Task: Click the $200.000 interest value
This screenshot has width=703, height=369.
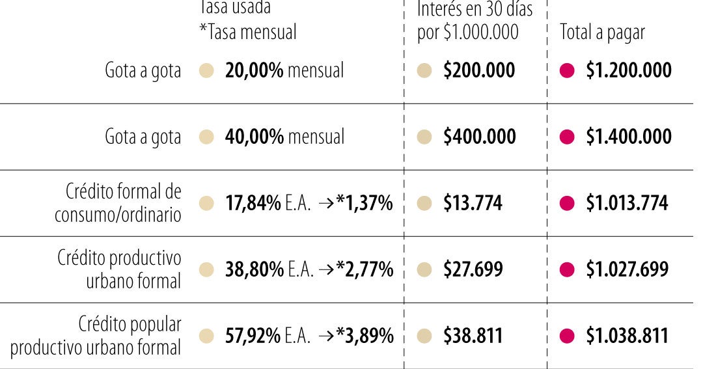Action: pyautogui.click(x=478, y=70)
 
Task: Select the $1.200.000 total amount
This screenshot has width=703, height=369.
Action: pyautogui.click(x=628, y=70)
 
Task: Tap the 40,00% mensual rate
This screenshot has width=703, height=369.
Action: pyautogui.click(x=284, y=137)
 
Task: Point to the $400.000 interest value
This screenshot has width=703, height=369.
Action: pyautogui.click(x=479, y=137)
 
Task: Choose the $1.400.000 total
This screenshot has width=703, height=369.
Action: pyautogui.click(x=628, y=137)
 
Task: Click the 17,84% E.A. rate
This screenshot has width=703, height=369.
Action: pyautogui.click(x=268, y=203)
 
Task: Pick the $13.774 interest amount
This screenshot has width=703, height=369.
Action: pyautogui.click(x=473, y=203)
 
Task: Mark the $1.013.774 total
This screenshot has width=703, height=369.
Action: pyautogui.click(x=626, y=203)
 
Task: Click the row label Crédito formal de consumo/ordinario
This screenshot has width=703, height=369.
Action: pyautogui.click(x=118, y=203)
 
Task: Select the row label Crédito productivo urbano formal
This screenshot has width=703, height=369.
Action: pyautogui.click(x=118, y=269)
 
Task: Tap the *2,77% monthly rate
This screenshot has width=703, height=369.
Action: pyautogui.click(x=365, y=269)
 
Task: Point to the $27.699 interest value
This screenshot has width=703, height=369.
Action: pyautogui.click(x=473, y=269)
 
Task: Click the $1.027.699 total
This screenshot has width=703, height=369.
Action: pyautogui.click(x=627, y=269)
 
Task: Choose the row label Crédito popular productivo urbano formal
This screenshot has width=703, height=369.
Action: pyautogui.click(x=96, y=336)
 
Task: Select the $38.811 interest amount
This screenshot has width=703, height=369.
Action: pyautogui.click(x=473, y=336)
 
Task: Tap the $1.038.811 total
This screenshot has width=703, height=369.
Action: pyautogui.click(x=627, y=336)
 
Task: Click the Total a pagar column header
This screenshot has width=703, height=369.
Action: pyautogui.click(x=602, y=33)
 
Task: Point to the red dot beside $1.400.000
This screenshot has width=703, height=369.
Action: pyautogui.click(x=567, y=137)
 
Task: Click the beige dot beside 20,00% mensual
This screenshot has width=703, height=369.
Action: pyautogui.click(x=206, y=70)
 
